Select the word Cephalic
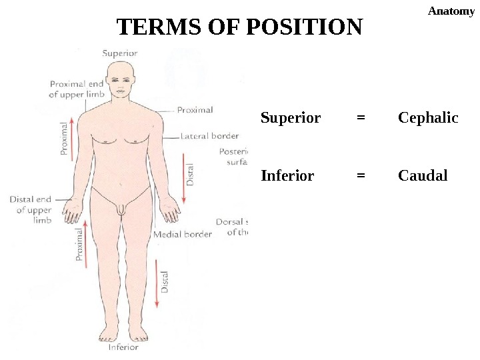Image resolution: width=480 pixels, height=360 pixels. point(428,118)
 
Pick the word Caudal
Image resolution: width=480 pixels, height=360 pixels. point(423,176)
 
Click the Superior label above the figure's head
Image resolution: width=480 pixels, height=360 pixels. point(120,53)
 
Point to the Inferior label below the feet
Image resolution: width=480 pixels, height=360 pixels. point(124,347)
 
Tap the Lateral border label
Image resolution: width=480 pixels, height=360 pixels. point(210,136)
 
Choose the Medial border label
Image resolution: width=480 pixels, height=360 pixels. point(183,234)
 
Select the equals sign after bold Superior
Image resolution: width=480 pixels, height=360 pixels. point(361,118)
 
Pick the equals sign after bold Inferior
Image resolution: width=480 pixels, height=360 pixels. point(361,176)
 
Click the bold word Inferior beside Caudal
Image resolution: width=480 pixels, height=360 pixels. point(287,176)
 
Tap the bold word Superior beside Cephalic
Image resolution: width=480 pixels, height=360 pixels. point(291,118)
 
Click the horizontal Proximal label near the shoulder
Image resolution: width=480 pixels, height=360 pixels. point(195,110)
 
